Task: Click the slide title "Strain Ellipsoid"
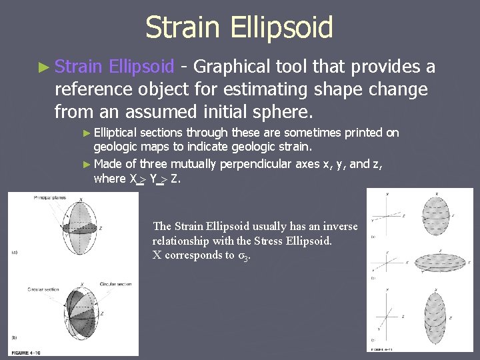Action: coord(239,28)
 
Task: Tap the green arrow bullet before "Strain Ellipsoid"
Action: coord(44,67)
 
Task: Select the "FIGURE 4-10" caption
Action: coord(27,351)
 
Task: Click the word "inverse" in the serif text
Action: coord(340,227)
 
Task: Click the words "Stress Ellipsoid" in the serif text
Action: coord(293,241)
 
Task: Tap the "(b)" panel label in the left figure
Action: coord(14,339)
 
